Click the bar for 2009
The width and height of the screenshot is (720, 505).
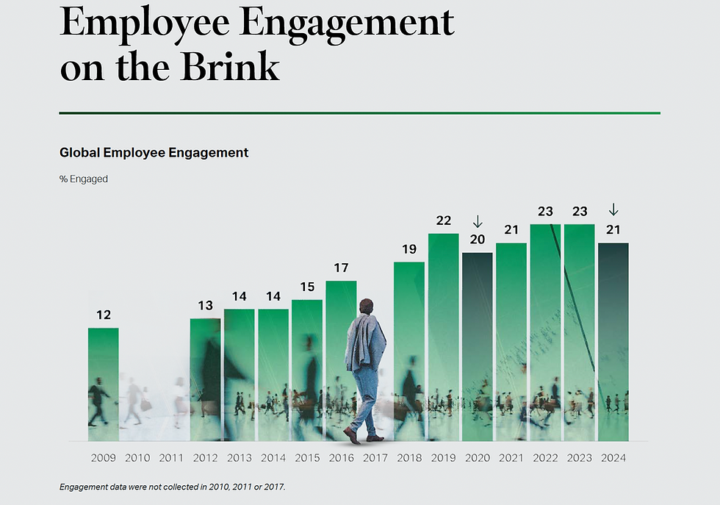104,382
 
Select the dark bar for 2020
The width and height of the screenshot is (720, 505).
478,345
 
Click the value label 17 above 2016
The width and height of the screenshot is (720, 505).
341,268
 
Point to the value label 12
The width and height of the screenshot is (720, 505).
104,315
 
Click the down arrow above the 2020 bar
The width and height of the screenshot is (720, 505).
478,221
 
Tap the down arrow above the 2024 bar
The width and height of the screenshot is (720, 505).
613,210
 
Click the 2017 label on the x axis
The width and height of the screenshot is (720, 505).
375,458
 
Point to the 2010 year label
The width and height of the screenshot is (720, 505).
137,458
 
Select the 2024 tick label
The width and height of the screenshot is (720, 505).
613,458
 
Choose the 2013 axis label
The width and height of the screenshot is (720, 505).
240,458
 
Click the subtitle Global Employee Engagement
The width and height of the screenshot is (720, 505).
154,153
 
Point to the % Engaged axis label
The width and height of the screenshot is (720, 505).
84,179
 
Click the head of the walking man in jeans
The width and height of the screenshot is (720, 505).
366,307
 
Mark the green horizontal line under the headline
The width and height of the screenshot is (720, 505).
359,113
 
